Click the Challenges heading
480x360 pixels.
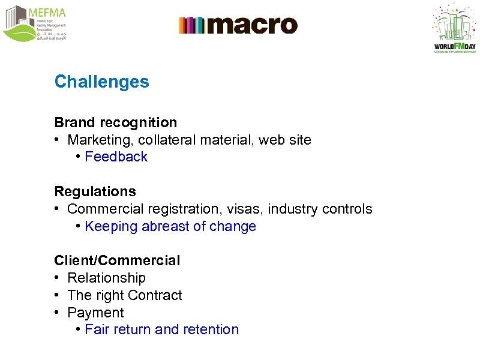tap(101, 82)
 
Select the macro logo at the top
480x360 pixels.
tap(238, 25)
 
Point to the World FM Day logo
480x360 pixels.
tap(454, 28)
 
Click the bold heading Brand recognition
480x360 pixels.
tap(116, 122)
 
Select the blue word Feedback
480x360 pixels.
tap(116, 157)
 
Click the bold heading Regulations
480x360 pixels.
tap(95, 191)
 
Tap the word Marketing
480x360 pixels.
tap(94, 140)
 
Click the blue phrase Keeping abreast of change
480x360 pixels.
tap(170, 226)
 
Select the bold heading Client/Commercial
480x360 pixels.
tap(117, 260)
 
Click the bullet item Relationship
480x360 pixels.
tap(106, 278)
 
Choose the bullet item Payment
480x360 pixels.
tap(95, 313)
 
